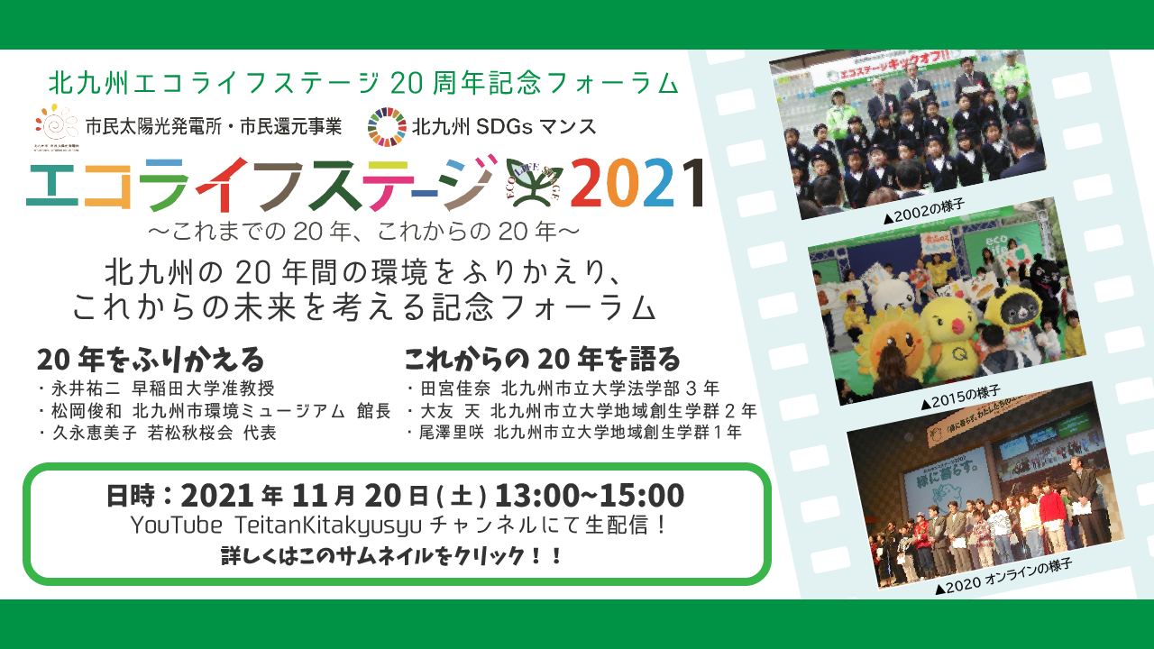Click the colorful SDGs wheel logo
click(387, 126)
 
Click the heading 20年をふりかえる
click(151, 360)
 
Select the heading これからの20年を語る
click(542, 360)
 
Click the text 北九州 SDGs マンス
click(504, 126)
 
